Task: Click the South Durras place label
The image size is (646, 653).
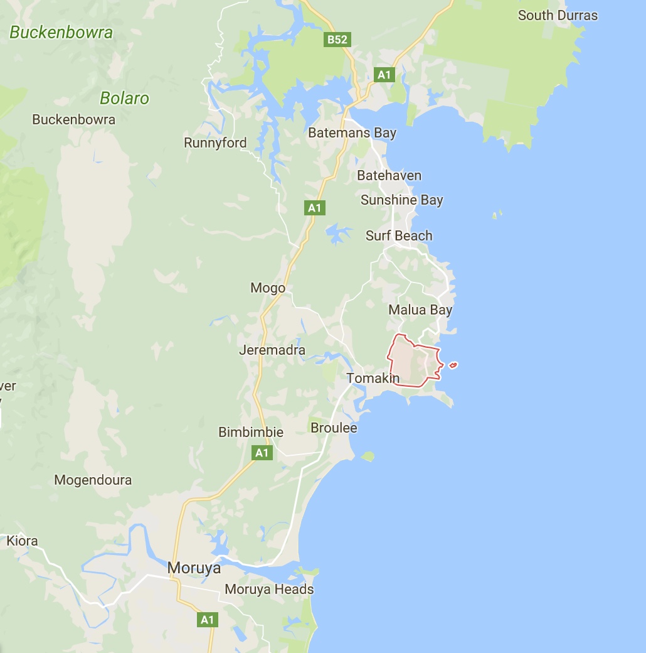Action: pos(558,16)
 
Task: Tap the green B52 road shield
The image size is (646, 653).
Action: pos(337,40)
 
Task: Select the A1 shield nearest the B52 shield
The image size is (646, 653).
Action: pos(384,75)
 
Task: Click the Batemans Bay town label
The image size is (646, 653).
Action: pos(352,133)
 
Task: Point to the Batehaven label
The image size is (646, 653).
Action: pos(389,176)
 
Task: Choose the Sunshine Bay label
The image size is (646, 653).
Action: pos(401,200)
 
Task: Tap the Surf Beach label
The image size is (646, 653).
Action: pos(399,236)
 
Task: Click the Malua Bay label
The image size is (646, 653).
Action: pos(420,310)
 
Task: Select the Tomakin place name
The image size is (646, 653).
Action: pos(373,379)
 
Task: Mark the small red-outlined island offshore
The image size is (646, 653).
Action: pos(453,365)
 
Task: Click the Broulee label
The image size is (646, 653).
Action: pos(334,428)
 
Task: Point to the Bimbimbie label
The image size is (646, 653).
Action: pos(251,433)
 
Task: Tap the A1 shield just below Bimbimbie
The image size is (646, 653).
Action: pos(262,452)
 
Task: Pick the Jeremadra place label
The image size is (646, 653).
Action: pos(272,350)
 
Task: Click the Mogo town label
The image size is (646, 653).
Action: pos(268,288)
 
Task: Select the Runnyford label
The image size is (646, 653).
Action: pos(215,143)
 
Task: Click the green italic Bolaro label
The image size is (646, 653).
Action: pos(125,99)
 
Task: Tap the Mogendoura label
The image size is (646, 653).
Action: pos(93,480)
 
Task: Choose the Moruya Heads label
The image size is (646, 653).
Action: pos(269,590)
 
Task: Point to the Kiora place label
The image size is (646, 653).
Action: pos(22,541)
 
